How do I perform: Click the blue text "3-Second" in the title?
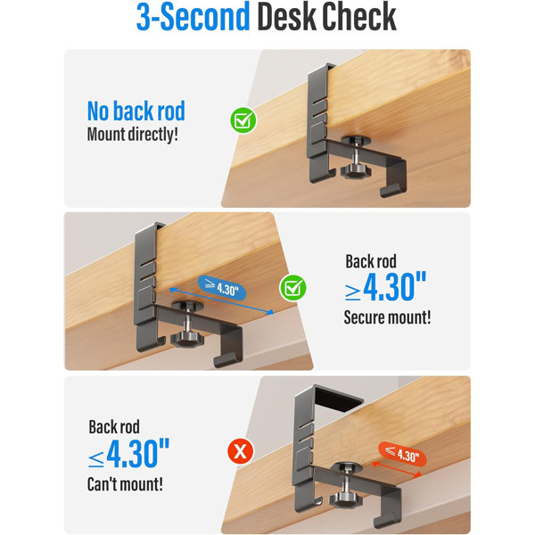tap(193, 17)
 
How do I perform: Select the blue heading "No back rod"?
tap(136, 111)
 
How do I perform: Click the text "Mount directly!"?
tap(133, 134)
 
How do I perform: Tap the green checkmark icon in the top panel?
tap(243, 120)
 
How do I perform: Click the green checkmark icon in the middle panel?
tap(292, 288)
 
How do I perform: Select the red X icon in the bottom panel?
tap(241, 451)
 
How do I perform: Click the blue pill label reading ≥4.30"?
tap(222, 288)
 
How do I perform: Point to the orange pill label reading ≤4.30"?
tap(403, 454)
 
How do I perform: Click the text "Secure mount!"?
tap(387, 317)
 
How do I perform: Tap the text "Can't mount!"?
tap(125, 484)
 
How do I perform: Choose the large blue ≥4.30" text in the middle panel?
tap(385, 286)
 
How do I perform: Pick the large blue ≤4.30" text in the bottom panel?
tap(128, 453)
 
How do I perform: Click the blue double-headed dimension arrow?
tap(221, 301)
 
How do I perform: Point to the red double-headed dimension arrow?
tap(397, 469)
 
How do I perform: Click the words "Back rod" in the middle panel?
tap(371, 261)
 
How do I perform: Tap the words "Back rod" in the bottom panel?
tap(114, 427)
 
